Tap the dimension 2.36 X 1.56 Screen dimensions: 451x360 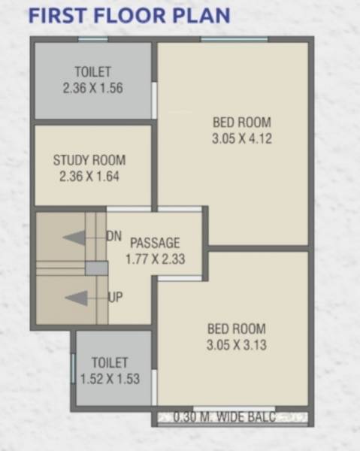[x=93, y=88]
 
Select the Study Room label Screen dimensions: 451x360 [x=89, y=160]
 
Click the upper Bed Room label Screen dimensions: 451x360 [x=241, y=123]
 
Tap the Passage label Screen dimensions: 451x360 [x=156, y=243]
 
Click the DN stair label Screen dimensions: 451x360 [x=114, y=236]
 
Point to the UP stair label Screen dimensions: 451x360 [x=115, y=298]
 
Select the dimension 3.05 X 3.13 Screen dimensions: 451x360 [x=237, y=346]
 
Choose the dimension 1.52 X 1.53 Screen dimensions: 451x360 [x=110, y=379]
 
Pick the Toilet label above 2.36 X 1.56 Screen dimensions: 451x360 [x=93, y=72]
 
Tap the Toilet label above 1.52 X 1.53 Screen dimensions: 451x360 [x=110, y=363]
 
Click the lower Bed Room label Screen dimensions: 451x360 [x=237, y=329]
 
